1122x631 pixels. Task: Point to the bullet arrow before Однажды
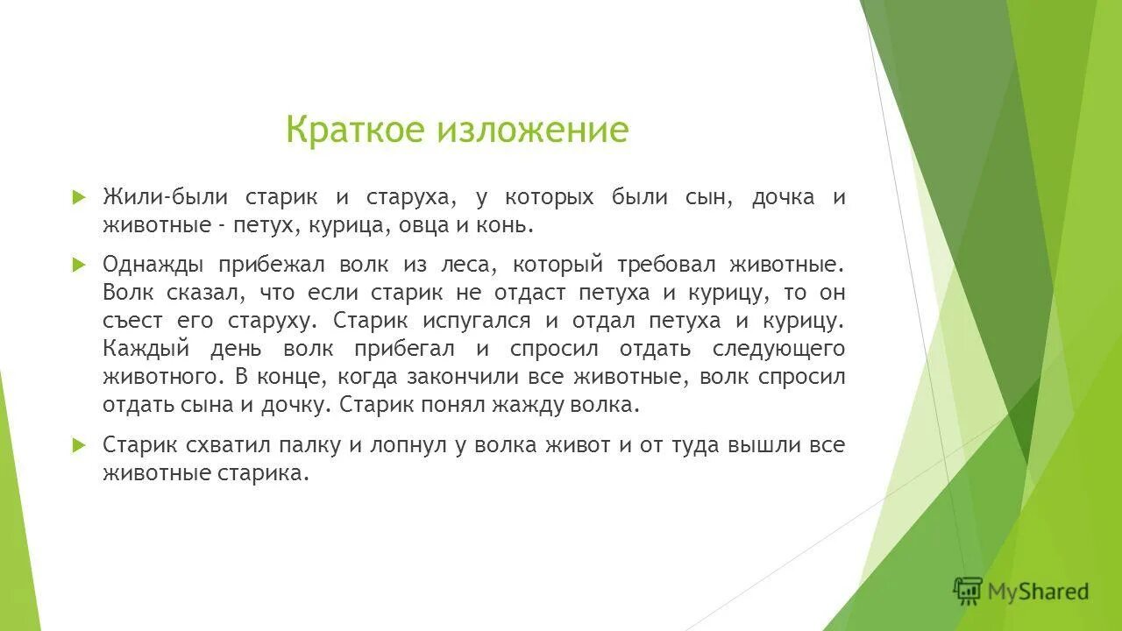coord(78,264)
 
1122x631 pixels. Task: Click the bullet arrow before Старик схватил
coord(78,444)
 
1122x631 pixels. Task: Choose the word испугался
coord(478,321)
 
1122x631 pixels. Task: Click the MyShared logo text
coord(1038,592)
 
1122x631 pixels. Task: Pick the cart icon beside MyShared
coord(968,592)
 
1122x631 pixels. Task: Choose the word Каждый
coord(145,349)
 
